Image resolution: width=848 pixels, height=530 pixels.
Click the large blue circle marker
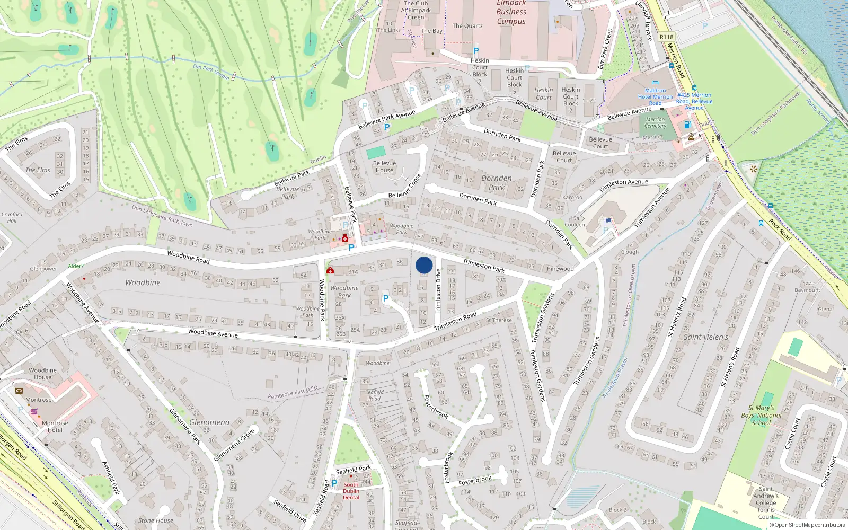click(424, 265)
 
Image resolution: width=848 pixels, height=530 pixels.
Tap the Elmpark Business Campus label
click(511, 12)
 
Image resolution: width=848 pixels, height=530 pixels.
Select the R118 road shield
click(667, 37)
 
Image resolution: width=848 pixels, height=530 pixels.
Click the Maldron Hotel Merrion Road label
click(655, 96)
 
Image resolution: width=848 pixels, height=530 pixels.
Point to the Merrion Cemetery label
click(656, 122)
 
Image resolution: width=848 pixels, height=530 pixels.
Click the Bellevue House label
click(384, 166)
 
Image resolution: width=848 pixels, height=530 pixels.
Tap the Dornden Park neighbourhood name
click(497, 183)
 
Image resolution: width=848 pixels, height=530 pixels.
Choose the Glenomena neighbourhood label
click(209, 422)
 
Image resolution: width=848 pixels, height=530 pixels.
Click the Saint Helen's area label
click(705, 337)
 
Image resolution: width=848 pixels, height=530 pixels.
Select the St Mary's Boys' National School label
click(762, 415)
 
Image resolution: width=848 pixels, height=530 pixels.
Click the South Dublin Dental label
click(351, 491)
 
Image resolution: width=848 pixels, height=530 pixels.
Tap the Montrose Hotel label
click(55, 426)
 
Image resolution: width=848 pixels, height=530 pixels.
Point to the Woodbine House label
click(43, 374)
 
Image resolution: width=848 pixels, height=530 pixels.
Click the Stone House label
click(156, 520)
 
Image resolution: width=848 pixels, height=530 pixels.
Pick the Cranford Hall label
click(12, 217)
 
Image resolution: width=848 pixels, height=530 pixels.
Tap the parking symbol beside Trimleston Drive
click(386, 299)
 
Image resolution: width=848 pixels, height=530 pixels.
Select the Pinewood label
click(560, 269)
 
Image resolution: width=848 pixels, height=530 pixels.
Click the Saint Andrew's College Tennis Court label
click(766, 502)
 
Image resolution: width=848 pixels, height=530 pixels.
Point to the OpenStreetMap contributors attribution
click(807, 525)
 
